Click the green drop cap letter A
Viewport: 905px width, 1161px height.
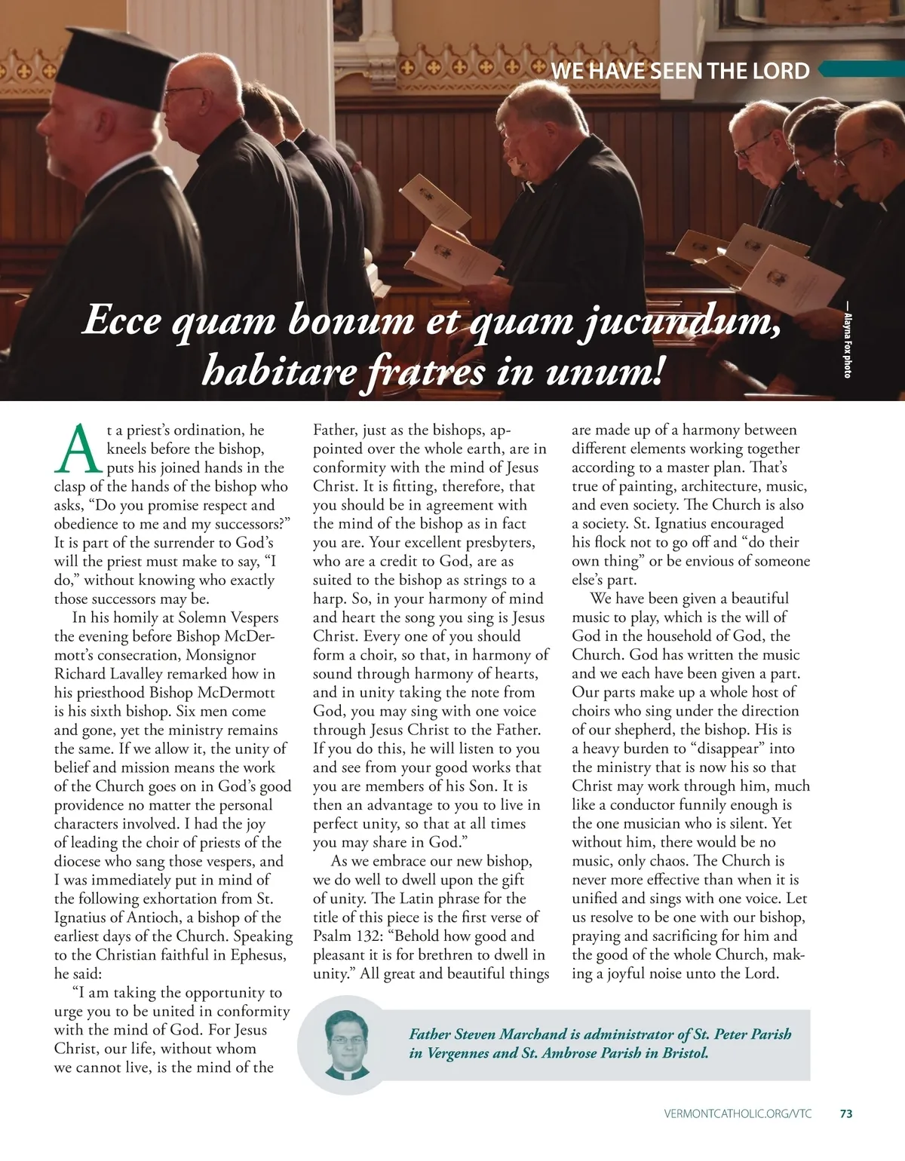78,448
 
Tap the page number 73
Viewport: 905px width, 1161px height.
846,1114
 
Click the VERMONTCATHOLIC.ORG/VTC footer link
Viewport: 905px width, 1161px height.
738,1114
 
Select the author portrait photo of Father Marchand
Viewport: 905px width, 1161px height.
348,1044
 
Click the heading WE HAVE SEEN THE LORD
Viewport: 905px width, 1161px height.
680,71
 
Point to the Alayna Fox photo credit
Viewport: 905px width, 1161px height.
848,345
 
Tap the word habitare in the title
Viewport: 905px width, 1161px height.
276,371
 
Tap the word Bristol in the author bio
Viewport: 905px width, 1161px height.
686,1053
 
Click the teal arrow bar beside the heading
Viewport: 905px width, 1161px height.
860,69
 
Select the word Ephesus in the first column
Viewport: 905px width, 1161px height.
259,955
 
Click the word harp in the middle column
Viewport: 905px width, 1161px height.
329,599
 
